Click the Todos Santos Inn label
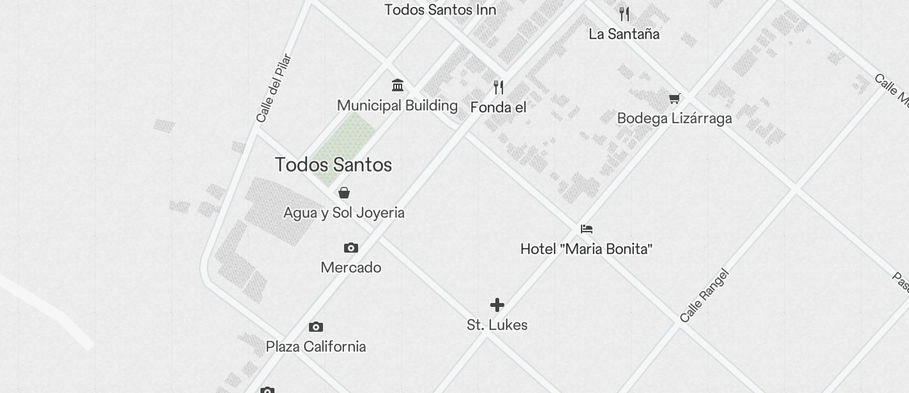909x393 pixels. (x=440, y=10)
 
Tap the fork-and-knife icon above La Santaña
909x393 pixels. (x=624, y=13)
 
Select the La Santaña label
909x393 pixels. (x=624, y=34)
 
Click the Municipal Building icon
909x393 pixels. (x=398, y=85)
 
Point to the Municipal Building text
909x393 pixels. (x=397, y=105)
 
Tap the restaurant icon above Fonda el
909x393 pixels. (x=499, y=87)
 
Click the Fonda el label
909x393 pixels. (x=498, y=107)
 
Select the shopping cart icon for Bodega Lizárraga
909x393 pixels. (x=674, y=98)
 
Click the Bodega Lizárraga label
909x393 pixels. (x=674, y=118)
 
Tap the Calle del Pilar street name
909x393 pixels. (x=273, y=88)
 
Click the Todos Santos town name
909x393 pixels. (x=333, y=165)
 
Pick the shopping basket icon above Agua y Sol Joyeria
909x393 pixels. (x=344, y=192)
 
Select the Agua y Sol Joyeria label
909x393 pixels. (x=343, y=212)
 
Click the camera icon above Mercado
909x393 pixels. (x=351, y=248)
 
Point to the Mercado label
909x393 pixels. (x=351, y=267)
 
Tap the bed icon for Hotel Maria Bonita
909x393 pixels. (x=587, y=228)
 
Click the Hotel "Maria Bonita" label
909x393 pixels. (x=586, y=249)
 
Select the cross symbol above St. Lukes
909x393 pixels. (x=497, y=305)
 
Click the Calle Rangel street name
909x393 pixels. (x=703, y=296)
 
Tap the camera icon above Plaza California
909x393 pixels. (x=316, y=327)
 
